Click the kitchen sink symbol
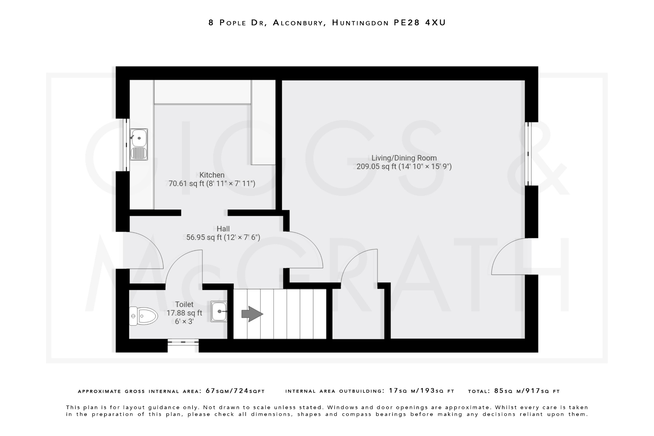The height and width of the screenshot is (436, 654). pos(139,144)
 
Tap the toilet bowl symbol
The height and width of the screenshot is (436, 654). pos(143,316)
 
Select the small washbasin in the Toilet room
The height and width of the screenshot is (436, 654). pos(219,311)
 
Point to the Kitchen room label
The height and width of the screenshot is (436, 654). pos(212,175)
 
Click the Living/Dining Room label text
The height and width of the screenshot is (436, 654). pos(404,158)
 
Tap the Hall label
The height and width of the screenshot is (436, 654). pos(223,229)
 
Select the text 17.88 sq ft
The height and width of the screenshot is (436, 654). pos(184,313)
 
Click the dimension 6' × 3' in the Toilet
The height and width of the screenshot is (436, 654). pos(184,322)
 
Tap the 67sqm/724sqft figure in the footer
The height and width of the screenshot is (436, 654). pos(235,391)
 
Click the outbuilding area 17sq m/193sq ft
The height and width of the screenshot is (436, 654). pos(422,391)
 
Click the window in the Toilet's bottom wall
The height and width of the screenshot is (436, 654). pos(183,342)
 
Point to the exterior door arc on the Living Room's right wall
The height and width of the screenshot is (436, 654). pos(508,256)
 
